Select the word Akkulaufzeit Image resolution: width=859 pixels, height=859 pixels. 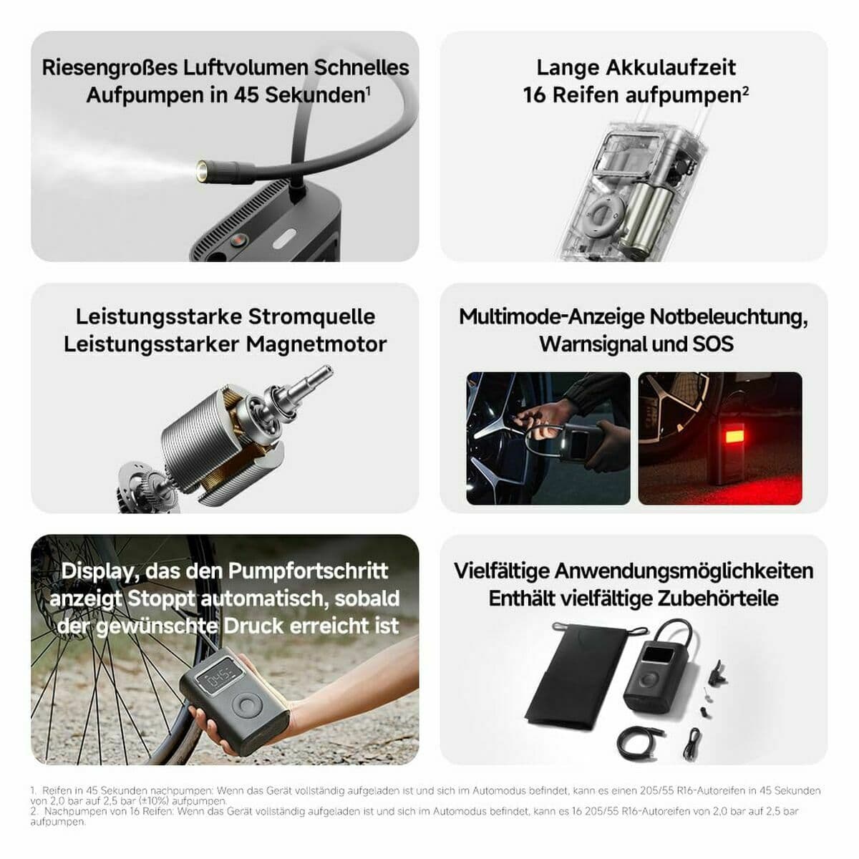tap(671, 67)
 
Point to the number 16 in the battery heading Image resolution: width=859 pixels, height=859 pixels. tap(534, 94)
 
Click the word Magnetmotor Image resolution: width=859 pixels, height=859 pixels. tap(316, 344)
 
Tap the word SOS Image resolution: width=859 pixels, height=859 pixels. tap(713, 344)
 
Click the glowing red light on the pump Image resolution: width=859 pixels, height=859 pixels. tap(734, 435)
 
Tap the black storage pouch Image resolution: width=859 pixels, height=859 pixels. tap(573, 673)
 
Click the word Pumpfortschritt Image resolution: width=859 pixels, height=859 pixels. tap(308, 571)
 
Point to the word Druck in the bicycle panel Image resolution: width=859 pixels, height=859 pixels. tap(253, 626)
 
